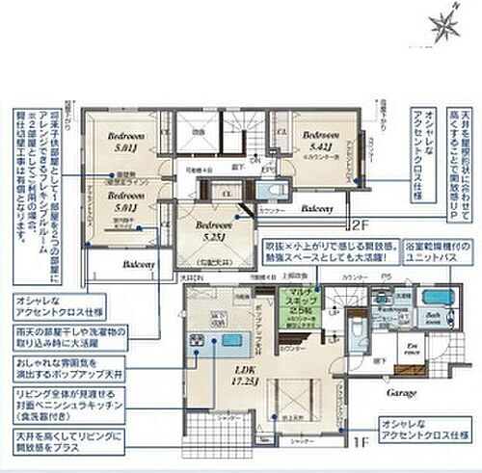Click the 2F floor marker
(x=360, y=226)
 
